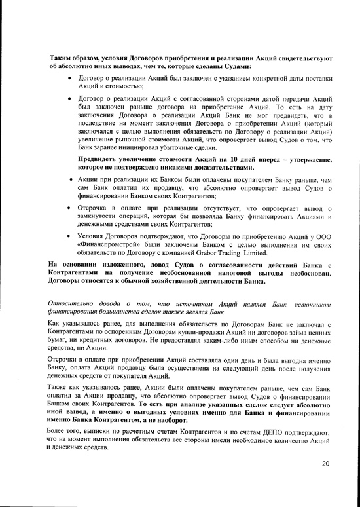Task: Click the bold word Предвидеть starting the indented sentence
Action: click(101, 159)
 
